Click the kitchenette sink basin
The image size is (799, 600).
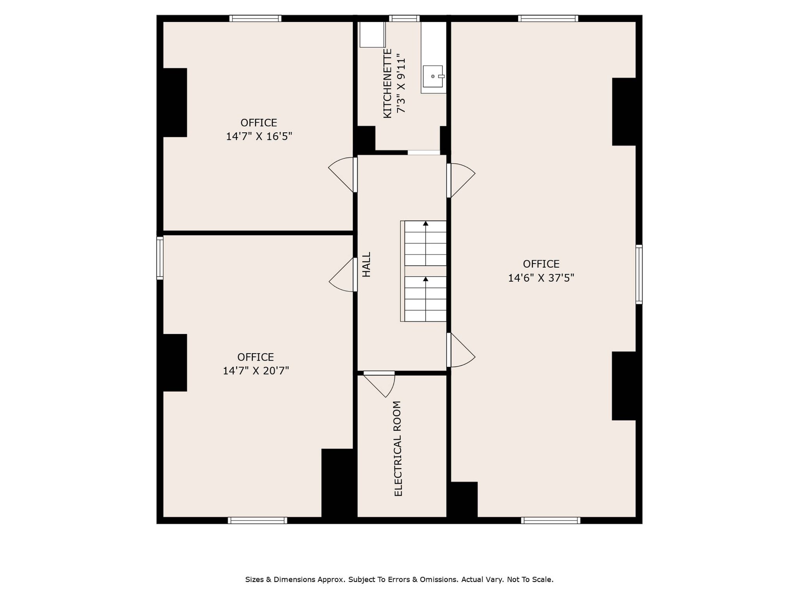click(433, 77)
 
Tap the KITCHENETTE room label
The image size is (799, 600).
click(387, 83)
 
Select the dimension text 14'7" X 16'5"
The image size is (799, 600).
click(259, 136)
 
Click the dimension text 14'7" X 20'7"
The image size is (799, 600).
click(256, 371)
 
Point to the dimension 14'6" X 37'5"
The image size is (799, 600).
click(541, 278)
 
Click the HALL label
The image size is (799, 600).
click(366, 264)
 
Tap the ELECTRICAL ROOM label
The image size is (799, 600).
click(398, 448)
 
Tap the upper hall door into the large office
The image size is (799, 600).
click(461, 180)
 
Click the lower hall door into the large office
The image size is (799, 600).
click(461, 350)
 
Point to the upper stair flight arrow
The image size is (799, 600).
click(426, 224)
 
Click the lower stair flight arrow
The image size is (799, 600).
click(426, 279)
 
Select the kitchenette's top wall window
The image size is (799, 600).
click(404, 18)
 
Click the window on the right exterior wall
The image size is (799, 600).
click(639, 274)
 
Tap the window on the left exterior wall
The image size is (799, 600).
click(160, 258)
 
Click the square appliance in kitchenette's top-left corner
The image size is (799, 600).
click(372, 35)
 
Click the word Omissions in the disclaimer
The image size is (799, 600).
click(439, 579)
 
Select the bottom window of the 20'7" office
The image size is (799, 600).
click(257, 520)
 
